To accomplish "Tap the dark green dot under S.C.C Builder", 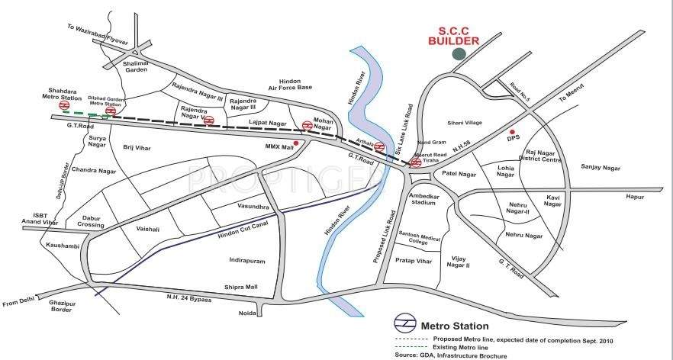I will click(x=459, y=53).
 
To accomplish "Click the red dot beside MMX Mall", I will click(x=295, y=143).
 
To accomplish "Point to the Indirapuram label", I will click(x=247, y=261).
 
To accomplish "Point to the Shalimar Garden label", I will click(x=140, y=66).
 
